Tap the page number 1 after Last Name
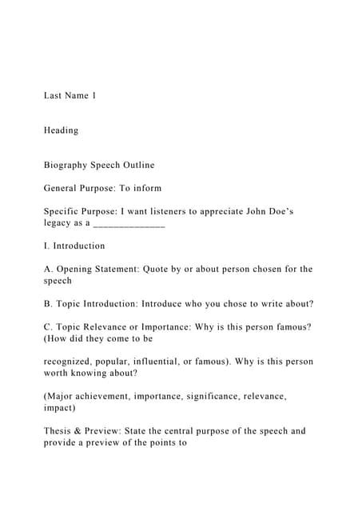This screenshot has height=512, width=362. pyautogui.click(x=93, y=96)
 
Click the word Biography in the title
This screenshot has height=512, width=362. pyautogui.click(x=66, y=166)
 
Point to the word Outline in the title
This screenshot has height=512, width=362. pyautogui.click(x=137, y=166)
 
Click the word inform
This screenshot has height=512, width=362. pyautogui.click(x=148, y=188)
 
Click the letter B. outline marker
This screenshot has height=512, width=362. pyautogui.click(x=48, y=303)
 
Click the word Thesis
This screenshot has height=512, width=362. pyautogui.click(x=59, y=430)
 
